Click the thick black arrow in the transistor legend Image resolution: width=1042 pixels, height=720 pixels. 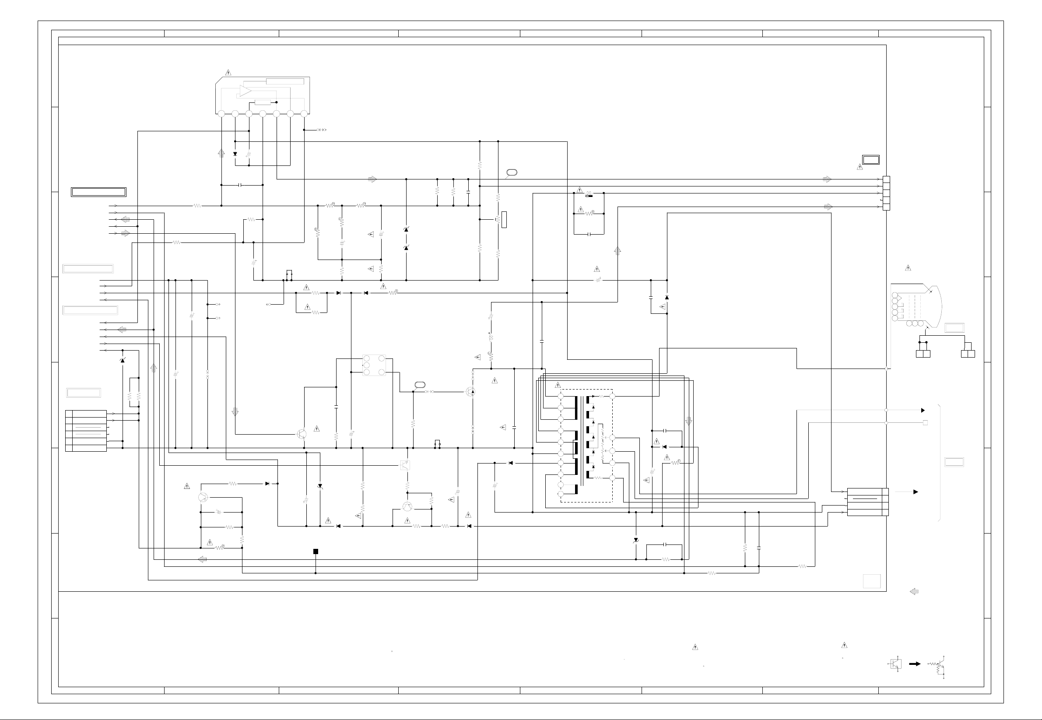coord(914,664)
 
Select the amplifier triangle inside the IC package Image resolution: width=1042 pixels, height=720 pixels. coord(246,91)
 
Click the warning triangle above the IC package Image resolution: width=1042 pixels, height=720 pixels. coord(228,73)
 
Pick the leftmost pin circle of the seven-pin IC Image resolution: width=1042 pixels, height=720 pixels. coord(221,114)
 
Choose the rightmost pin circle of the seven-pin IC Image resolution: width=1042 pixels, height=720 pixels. coord(304,114)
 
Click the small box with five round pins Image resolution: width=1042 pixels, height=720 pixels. coord(374,365)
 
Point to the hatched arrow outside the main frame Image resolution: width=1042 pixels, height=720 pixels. coord(914,591)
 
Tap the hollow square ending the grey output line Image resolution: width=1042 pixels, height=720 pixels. coord(925,423)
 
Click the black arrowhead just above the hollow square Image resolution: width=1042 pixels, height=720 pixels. coord(923,411)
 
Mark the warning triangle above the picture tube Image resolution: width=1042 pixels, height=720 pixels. coord(908,268)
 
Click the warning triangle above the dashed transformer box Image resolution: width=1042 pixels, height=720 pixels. coord(558,385)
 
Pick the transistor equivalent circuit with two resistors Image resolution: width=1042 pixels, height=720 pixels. coord(938,667)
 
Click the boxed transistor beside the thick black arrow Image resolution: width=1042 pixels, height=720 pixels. coord(896,664)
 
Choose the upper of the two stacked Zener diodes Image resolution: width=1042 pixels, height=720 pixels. coord(406,230)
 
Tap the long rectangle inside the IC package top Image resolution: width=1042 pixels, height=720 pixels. coord(285,81)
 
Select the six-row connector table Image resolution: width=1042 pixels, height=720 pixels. coord(86,431)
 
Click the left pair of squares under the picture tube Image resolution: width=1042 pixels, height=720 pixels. coord(923,354)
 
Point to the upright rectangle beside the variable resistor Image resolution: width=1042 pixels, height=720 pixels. coord(504,220)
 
